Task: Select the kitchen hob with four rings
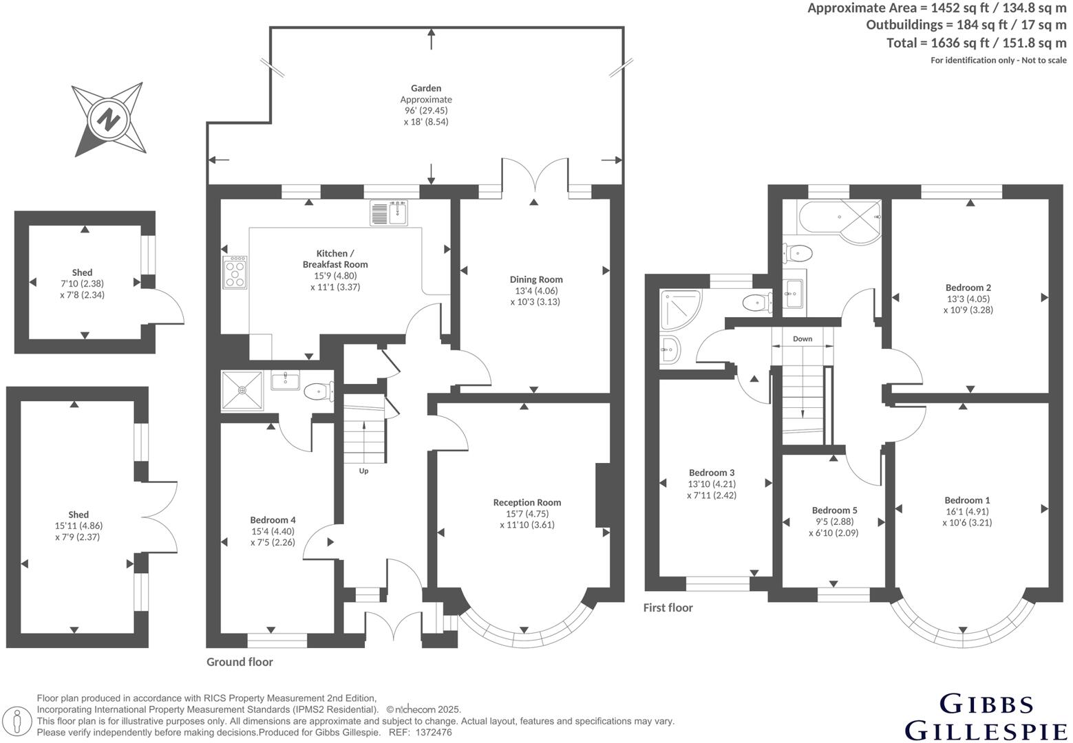(x=235, y=272)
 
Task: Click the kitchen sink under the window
(x=390, y=213)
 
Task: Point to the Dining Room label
(x=535, y=279)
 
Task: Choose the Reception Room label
(x=527, y=502)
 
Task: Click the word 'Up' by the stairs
(x=363, y=471)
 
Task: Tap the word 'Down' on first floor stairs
(x=802, y=338)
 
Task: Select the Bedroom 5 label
(x=834, y=510)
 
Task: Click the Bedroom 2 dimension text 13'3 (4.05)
(x=968, y=299)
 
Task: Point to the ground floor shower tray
(x=242, y=391)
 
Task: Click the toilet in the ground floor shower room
(x=319, y=391)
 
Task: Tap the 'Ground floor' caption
(x=240, y=662)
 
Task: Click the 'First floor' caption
(x=668, y=607)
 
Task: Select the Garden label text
(x=426, y=88)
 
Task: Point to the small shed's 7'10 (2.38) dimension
(x=82, y=283)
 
